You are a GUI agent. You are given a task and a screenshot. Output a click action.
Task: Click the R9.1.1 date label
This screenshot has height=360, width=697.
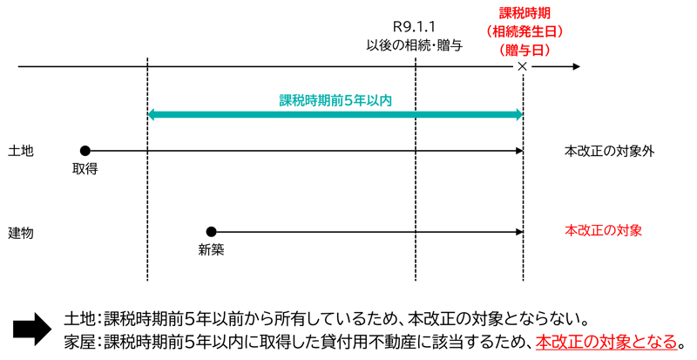(x=415, y=28)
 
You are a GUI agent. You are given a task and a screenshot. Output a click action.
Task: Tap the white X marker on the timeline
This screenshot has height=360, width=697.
(x=522, y=66)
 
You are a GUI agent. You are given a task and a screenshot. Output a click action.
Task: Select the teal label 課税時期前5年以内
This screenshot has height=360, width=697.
(x=335, y=100)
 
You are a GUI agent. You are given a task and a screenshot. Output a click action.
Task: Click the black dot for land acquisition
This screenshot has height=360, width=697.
(x=85, y=151)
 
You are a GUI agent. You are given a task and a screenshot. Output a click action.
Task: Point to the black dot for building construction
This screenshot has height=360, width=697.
(x=211, y=231)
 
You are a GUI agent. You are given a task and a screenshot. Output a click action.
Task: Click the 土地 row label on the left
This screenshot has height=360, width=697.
(x=20, y=151)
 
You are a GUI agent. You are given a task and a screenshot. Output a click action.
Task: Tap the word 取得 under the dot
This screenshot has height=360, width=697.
(x=85, y=169)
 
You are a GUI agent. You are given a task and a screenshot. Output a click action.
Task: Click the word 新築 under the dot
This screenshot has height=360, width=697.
(x=211, y=250)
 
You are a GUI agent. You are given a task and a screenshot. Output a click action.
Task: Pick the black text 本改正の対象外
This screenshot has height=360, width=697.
(x=609, y=151)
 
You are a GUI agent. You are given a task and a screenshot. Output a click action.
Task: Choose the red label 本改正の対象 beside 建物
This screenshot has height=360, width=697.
(x=603, y=231)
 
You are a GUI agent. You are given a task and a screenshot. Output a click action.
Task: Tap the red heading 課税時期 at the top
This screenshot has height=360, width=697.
(x=524, y=13)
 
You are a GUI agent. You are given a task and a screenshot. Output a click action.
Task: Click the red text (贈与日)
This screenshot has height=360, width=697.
(x=525, y=50)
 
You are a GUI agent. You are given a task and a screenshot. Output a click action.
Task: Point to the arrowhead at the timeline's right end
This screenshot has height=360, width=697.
(x=577, y=66)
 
